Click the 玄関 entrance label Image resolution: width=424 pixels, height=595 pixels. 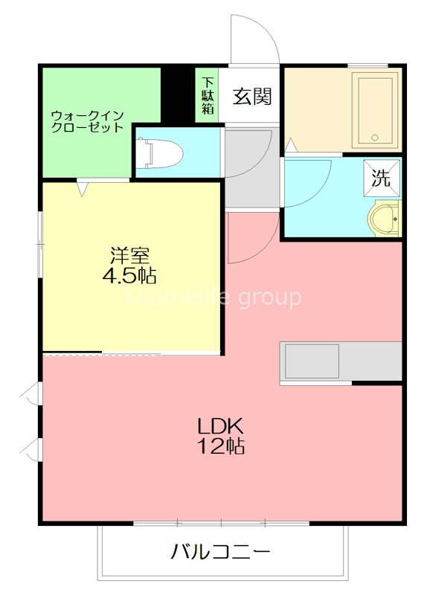[251, 96]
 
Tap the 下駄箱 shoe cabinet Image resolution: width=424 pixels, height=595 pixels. [208, 95]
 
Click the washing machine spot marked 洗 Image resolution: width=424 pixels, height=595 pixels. [380, 178]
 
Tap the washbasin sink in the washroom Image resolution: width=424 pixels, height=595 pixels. [385, 219]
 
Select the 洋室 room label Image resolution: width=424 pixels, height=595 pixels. [129, 255]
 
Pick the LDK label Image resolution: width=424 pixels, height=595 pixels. [221, 427]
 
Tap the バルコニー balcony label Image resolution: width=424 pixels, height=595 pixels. [221, 552]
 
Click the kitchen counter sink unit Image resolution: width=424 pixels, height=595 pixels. [312, 361]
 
